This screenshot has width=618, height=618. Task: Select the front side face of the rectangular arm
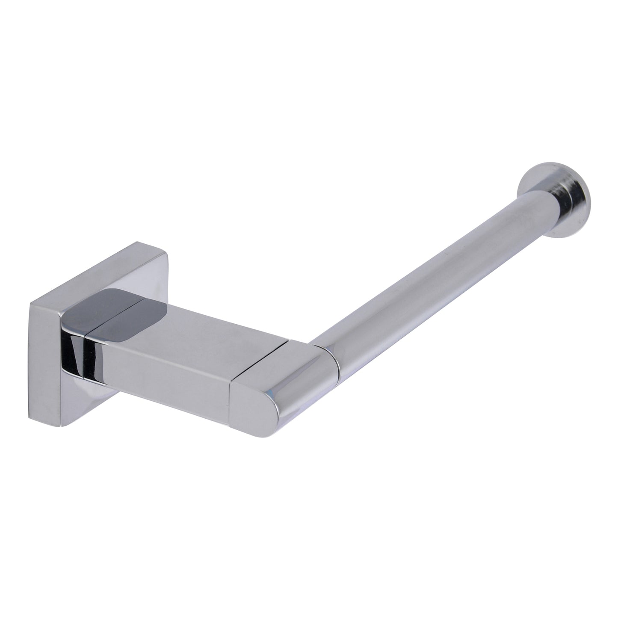171,381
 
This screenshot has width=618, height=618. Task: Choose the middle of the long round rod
428,278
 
